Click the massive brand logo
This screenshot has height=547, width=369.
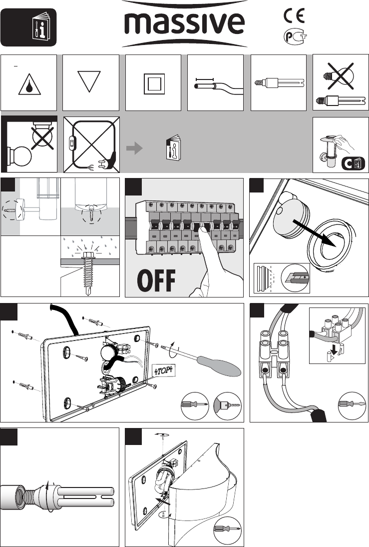[x=185, y=23]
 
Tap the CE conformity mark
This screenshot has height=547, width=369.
[x=294, y=15]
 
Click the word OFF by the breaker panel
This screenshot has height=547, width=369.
[x=156, y=280]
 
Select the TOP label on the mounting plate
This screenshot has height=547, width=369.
[x=163, y=370]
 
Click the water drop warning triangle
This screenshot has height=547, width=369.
[x=29, y=85]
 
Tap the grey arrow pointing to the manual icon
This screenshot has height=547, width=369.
[x=134, y=148]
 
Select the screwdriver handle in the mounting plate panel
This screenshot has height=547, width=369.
[x=220, y=366]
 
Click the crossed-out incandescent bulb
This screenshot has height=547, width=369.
[x=340, y=75]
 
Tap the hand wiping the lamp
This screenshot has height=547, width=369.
[x=344, y=143]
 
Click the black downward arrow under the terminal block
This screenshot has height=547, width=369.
[x=334, y=349]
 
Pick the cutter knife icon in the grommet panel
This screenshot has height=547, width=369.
[x=296, y=277]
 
